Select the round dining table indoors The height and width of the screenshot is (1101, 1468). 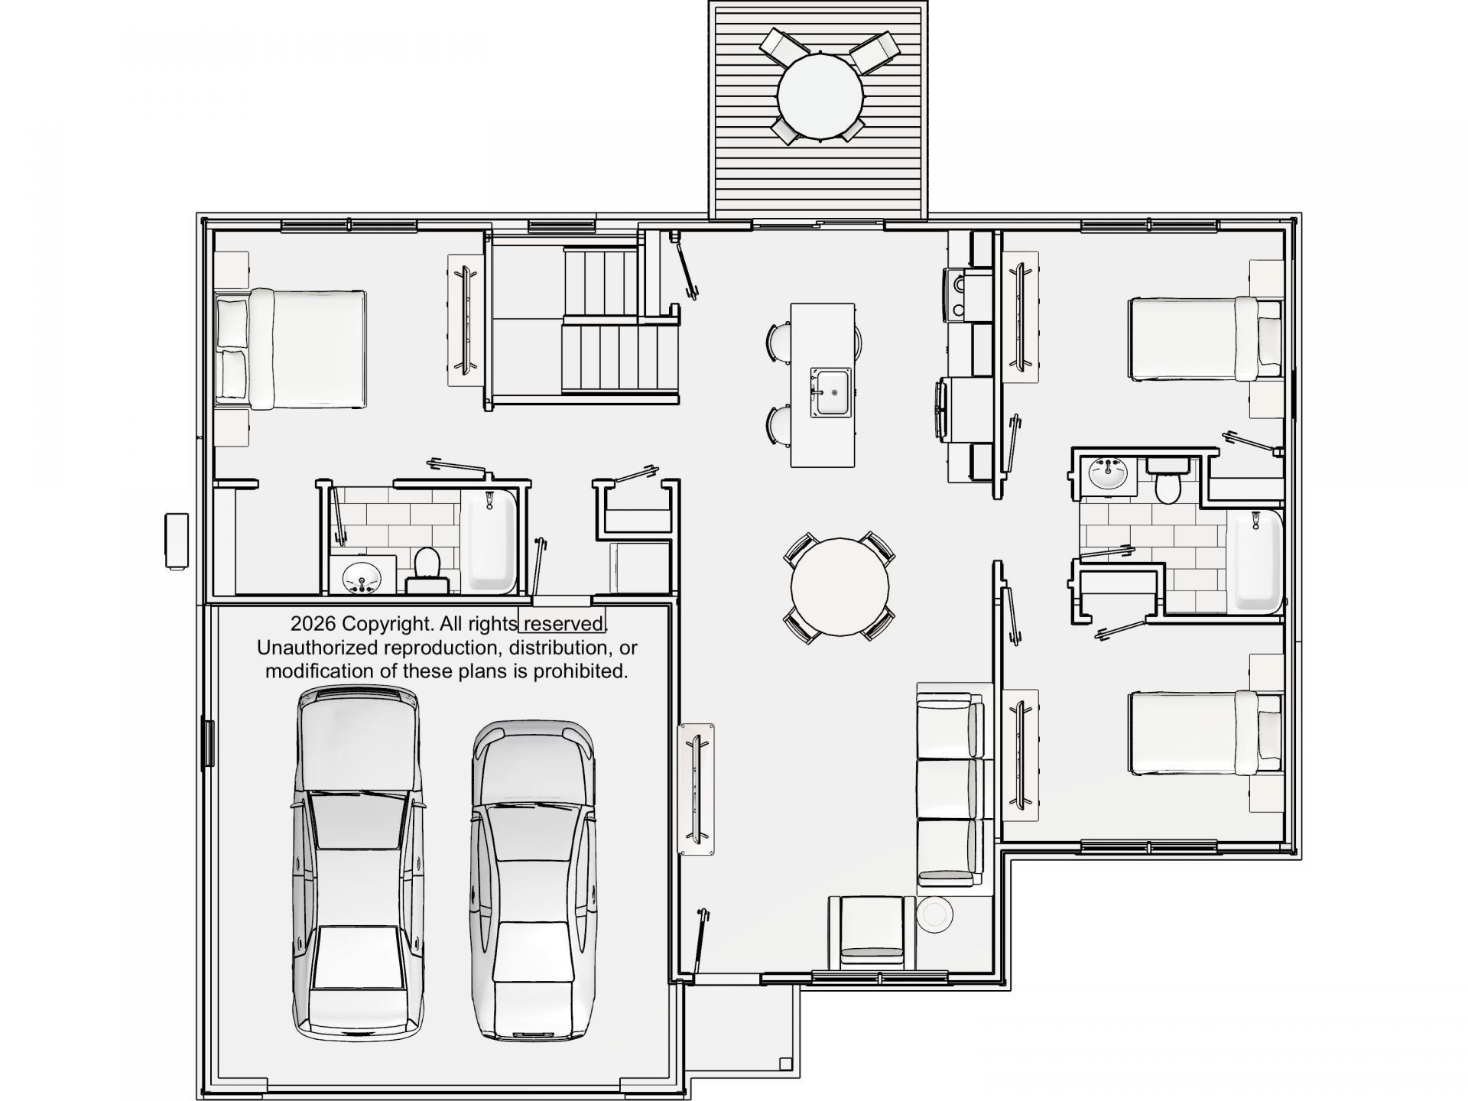[x=840, y=586]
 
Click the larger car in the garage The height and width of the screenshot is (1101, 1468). [x=358, y=865]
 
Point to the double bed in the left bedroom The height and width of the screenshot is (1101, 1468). [x=291, y=348]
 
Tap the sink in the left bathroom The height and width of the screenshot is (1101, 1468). [x=362, y=576]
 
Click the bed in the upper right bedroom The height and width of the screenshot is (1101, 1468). [x=1207, y=339]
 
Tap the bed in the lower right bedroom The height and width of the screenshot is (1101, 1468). [x=1207, y=732]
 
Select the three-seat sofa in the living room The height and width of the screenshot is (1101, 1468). [x=950, y=788]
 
